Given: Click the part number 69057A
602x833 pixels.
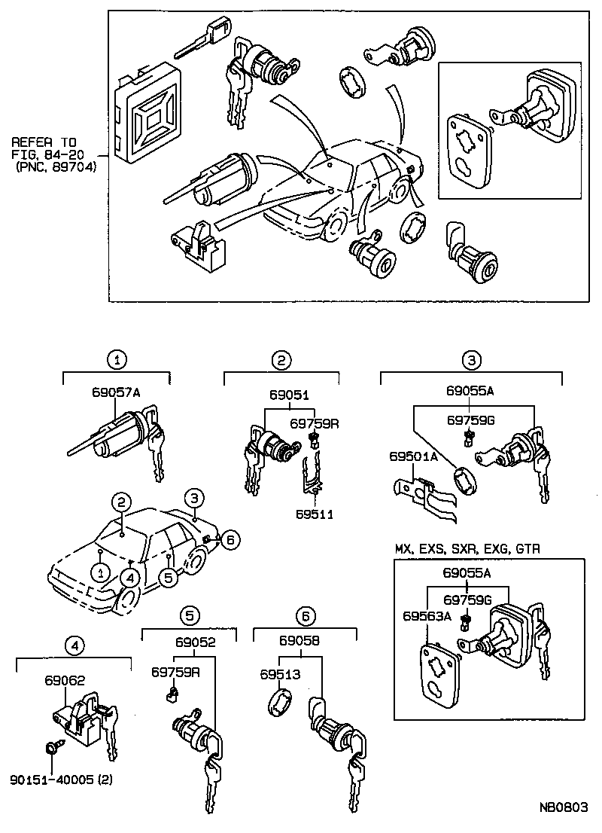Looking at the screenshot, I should click(116, 392).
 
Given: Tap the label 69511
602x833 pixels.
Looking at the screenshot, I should click(314, 514).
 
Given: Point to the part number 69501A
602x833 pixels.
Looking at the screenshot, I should click(410, 456).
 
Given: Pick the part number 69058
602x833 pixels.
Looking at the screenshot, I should click(299, 642).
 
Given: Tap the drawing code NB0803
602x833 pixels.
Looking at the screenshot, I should click(564, 807).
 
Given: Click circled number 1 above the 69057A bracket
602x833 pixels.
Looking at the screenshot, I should click(116, 360).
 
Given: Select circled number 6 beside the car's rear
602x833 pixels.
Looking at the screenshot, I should click(230, 539).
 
